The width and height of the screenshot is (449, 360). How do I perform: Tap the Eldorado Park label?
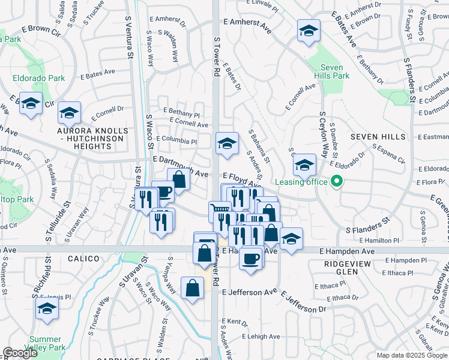[x=39, y=78]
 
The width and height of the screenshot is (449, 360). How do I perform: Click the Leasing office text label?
[x=301, y=182]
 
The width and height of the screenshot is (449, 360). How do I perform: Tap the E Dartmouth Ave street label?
[x=180, y=160]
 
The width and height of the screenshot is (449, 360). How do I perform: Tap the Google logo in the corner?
[x=20, y=353]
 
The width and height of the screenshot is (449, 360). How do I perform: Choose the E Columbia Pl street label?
[x=176, y=140]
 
